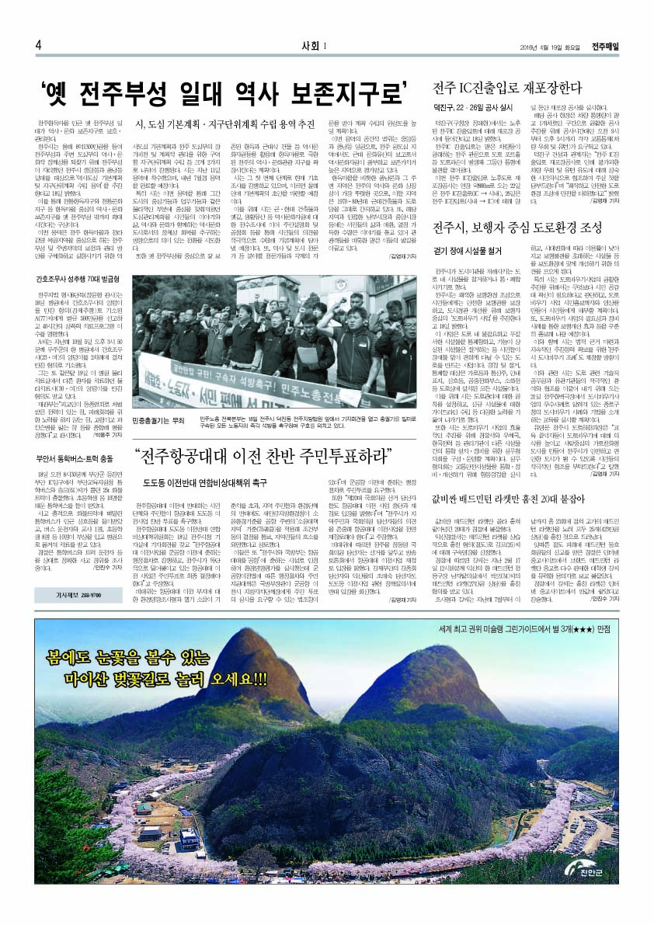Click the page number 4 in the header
point(38,44)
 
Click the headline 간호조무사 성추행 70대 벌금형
point(77,277)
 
